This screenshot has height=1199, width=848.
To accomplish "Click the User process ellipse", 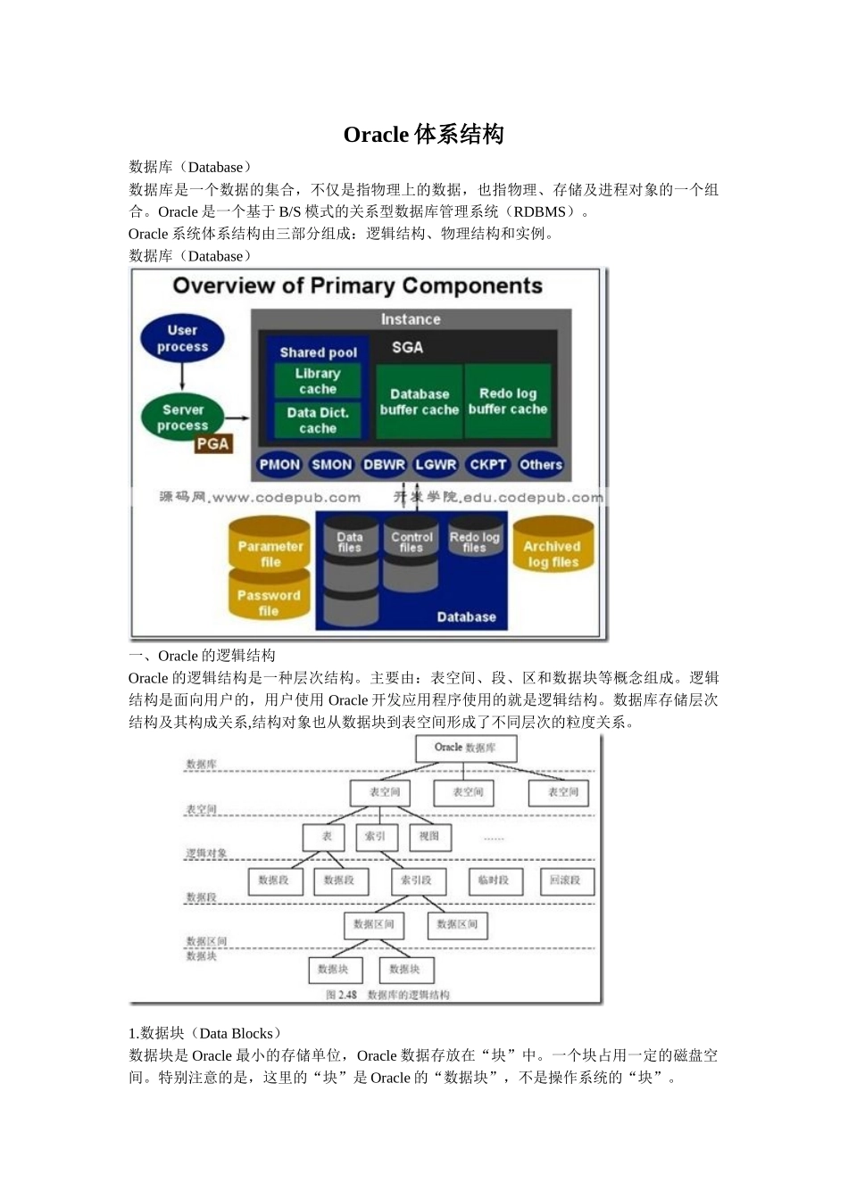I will (182, 338).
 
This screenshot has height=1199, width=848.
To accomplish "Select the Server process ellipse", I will (182, 418).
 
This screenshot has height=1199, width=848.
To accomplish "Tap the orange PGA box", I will (212, 444).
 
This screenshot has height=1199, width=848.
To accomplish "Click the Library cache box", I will (318, 381).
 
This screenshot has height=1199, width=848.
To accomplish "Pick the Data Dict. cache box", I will (318, 420).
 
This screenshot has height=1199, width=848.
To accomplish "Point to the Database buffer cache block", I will (419, 401).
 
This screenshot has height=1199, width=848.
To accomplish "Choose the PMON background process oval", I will (279, 464).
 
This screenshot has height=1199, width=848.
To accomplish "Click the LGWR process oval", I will (436, 464).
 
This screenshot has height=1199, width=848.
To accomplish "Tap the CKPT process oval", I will (488, 464).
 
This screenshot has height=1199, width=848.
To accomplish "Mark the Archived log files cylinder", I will (552, 552).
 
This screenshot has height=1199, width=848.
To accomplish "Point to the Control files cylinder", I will (411, 553).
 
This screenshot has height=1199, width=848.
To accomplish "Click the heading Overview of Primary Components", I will (357, 285).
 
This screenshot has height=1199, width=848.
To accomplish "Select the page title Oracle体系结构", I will (424, 135).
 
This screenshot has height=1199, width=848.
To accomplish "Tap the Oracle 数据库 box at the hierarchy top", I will (465, 748).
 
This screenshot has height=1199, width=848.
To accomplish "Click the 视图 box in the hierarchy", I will (429, 837).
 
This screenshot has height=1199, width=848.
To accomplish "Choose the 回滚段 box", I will (566, 881).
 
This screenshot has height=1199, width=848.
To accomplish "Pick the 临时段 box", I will (494, 881).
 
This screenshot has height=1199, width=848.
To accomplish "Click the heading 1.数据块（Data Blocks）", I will (206, 1033).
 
